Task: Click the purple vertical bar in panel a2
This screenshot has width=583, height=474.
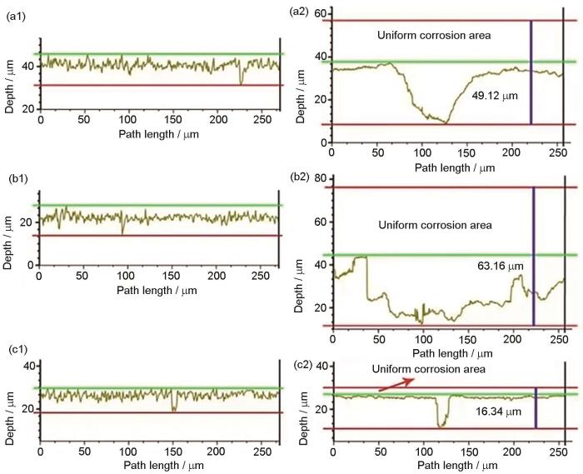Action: point(531,72)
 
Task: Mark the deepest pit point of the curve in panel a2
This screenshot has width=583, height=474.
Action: point(446,123)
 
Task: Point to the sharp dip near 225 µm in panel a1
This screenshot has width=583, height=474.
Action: point(242,82)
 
